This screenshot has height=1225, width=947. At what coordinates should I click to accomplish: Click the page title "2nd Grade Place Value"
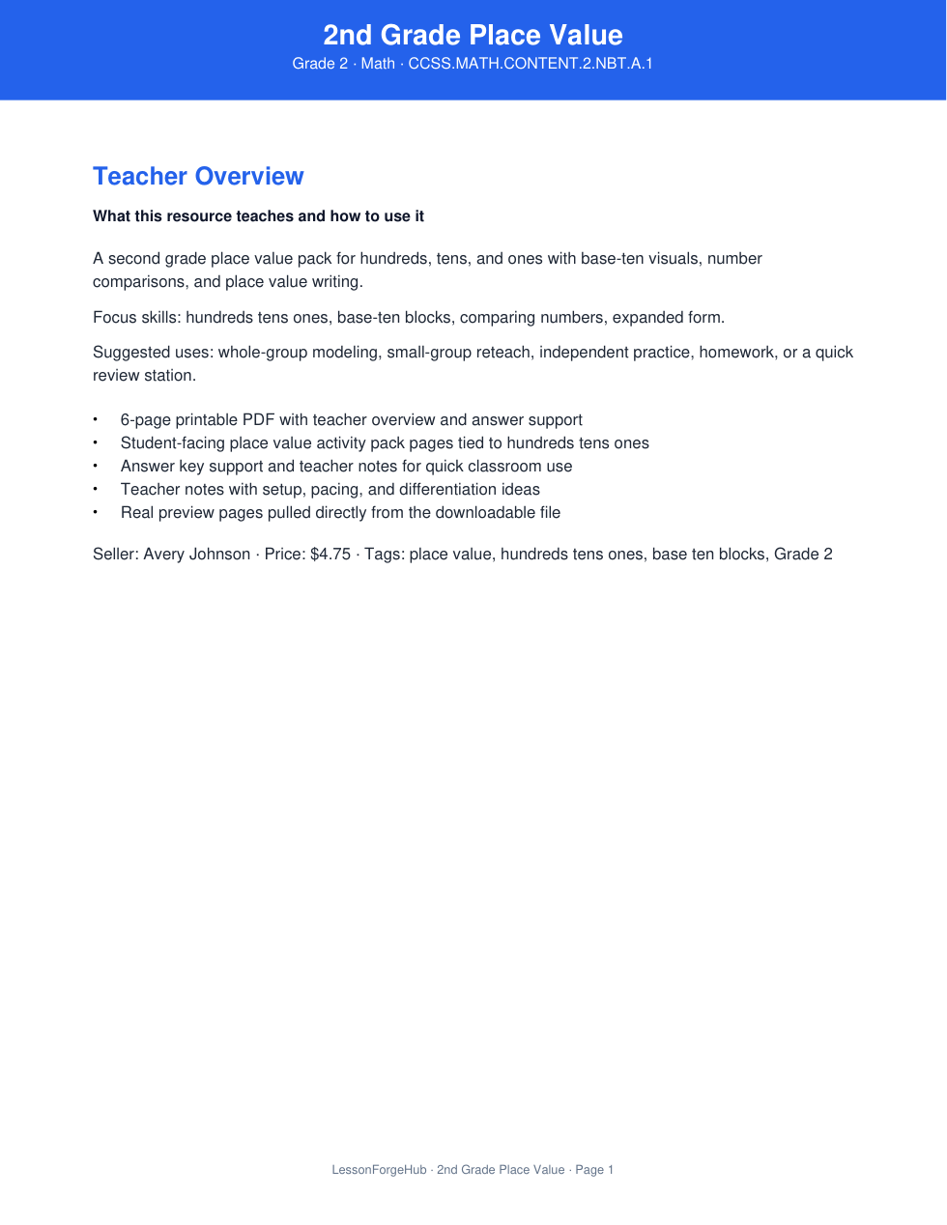473,35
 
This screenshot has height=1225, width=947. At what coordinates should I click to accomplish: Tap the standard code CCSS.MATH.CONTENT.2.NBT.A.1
531,64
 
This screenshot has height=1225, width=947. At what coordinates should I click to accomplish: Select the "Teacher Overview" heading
198,176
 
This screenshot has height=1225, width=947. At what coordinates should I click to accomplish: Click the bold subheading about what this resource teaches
258,216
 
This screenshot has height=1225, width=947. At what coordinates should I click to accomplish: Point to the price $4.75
330,555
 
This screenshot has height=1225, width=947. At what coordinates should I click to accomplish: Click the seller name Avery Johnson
196,555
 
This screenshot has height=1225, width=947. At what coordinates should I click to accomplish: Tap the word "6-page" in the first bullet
145,420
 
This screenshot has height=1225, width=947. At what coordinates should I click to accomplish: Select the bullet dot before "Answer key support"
96,467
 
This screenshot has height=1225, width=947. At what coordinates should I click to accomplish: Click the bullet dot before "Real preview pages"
96,513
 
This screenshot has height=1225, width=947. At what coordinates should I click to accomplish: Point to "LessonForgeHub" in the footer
379,1170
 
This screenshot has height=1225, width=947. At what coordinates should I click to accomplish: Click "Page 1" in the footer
594,1170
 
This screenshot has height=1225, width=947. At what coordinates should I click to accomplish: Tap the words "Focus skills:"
136,318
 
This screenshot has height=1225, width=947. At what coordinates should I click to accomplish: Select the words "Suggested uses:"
153,353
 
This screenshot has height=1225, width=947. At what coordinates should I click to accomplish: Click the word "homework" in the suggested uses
736,353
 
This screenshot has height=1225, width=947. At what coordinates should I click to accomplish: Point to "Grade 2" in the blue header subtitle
320,64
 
